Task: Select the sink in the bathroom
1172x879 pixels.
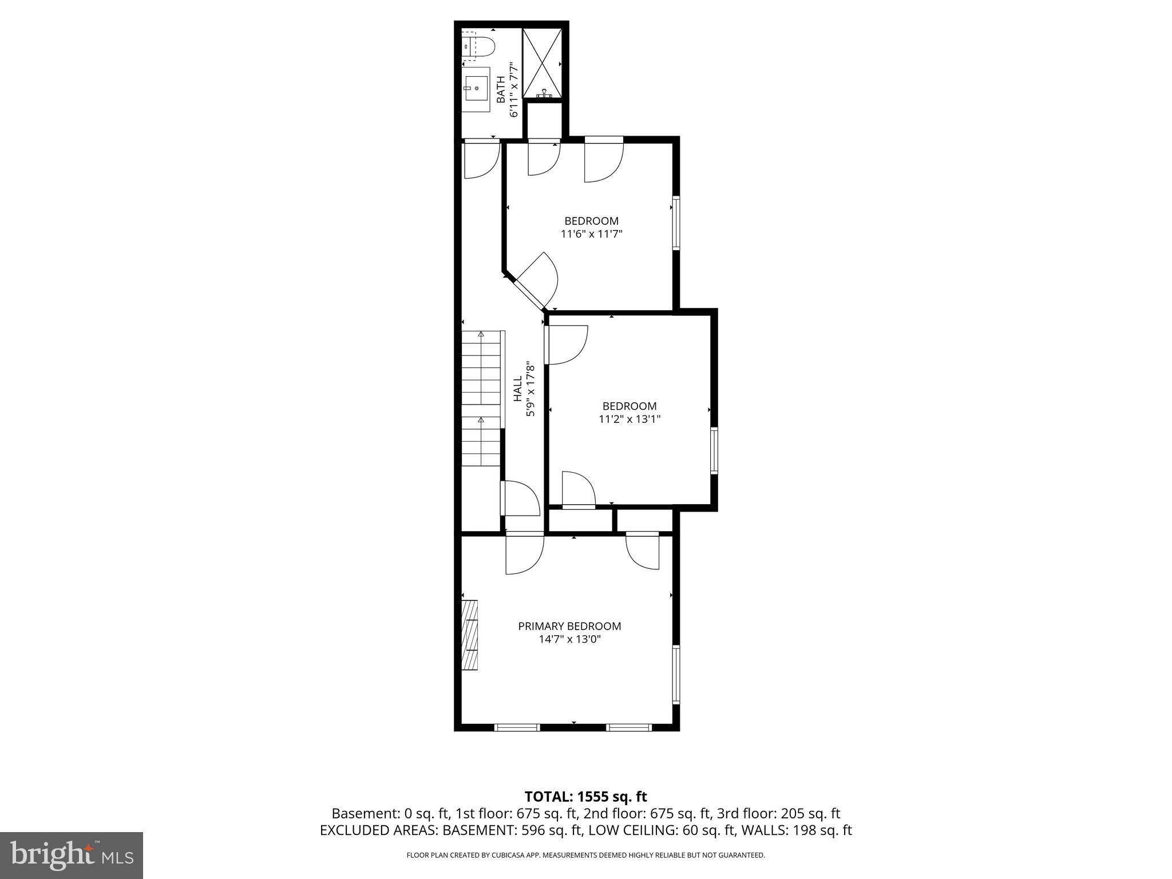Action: [476, 89]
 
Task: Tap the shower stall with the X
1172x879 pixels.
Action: [542, 64]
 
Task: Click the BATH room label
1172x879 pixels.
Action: [501, 90]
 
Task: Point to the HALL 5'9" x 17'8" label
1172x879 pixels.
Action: [524, 388]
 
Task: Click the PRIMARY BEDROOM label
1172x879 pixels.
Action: [569, 626]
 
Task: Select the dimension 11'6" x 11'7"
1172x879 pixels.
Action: [591, 233]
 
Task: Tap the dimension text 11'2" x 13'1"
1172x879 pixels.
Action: [629, 419]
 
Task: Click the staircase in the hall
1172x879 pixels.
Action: [481, 398]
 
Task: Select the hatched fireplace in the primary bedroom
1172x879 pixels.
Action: [470, 635]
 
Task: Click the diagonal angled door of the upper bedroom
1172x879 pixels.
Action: [530, 294]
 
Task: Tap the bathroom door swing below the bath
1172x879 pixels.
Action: [481, 159]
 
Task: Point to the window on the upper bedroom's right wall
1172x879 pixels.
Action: [676, 223]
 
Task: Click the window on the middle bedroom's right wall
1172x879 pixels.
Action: [714, 450]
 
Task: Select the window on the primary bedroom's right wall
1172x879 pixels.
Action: [676, 674]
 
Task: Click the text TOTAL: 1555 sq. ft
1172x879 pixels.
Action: [585, 797]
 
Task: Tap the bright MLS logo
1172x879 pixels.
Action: [72, 855]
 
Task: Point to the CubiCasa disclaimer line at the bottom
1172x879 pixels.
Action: [585, 855]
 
